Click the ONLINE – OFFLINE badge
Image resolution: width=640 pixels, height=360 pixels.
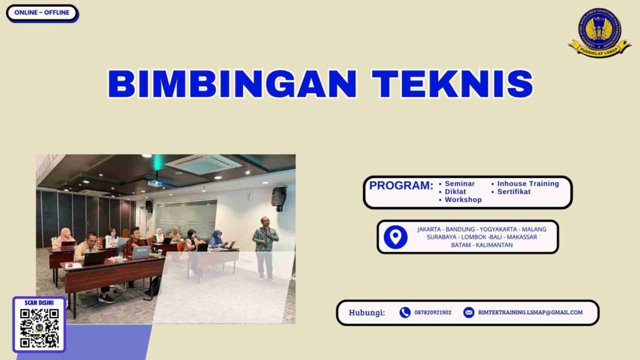coord(42,12)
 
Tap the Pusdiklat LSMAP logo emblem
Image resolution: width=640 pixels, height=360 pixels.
coord(599,32)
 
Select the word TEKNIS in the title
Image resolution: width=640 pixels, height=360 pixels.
coord(452,84)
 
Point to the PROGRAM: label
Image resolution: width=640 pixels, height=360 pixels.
coord(401,186)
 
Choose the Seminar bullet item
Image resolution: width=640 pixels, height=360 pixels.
coord(459,184)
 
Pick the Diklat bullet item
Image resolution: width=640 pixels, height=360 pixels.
coord(455,192)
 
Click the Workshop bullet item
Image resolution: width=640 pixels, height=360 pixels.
coord(463,200)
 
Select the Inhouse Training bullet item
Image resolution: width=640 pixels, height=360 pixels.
coord(527,184)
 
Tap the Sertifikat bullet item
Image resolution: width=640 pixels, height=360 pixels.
coord(514,192)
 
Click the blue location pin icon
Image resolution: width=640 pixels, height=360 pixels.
coord(395,237)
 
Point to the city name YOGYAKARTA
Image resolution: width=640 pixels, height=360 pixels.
coord(498,229)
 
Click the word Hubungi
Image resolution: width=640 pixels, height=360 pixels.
coord(367,312)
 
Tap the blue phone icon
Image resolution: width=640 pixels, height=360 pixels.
coord(405,312)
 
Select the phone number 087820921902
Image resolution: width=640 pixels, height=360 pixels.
coord(432,312)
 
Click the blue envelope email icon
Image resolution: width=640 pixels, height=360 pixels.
coord(469,312)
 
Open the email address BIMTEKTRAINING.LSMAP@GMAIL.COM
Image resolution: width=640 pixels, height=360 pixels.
coord(530,312)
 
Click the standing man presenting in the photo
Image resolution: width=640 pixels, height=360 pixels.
coord(265,247)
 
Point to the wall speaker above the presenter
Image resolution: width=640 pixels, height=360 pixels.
coord(279,197)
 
